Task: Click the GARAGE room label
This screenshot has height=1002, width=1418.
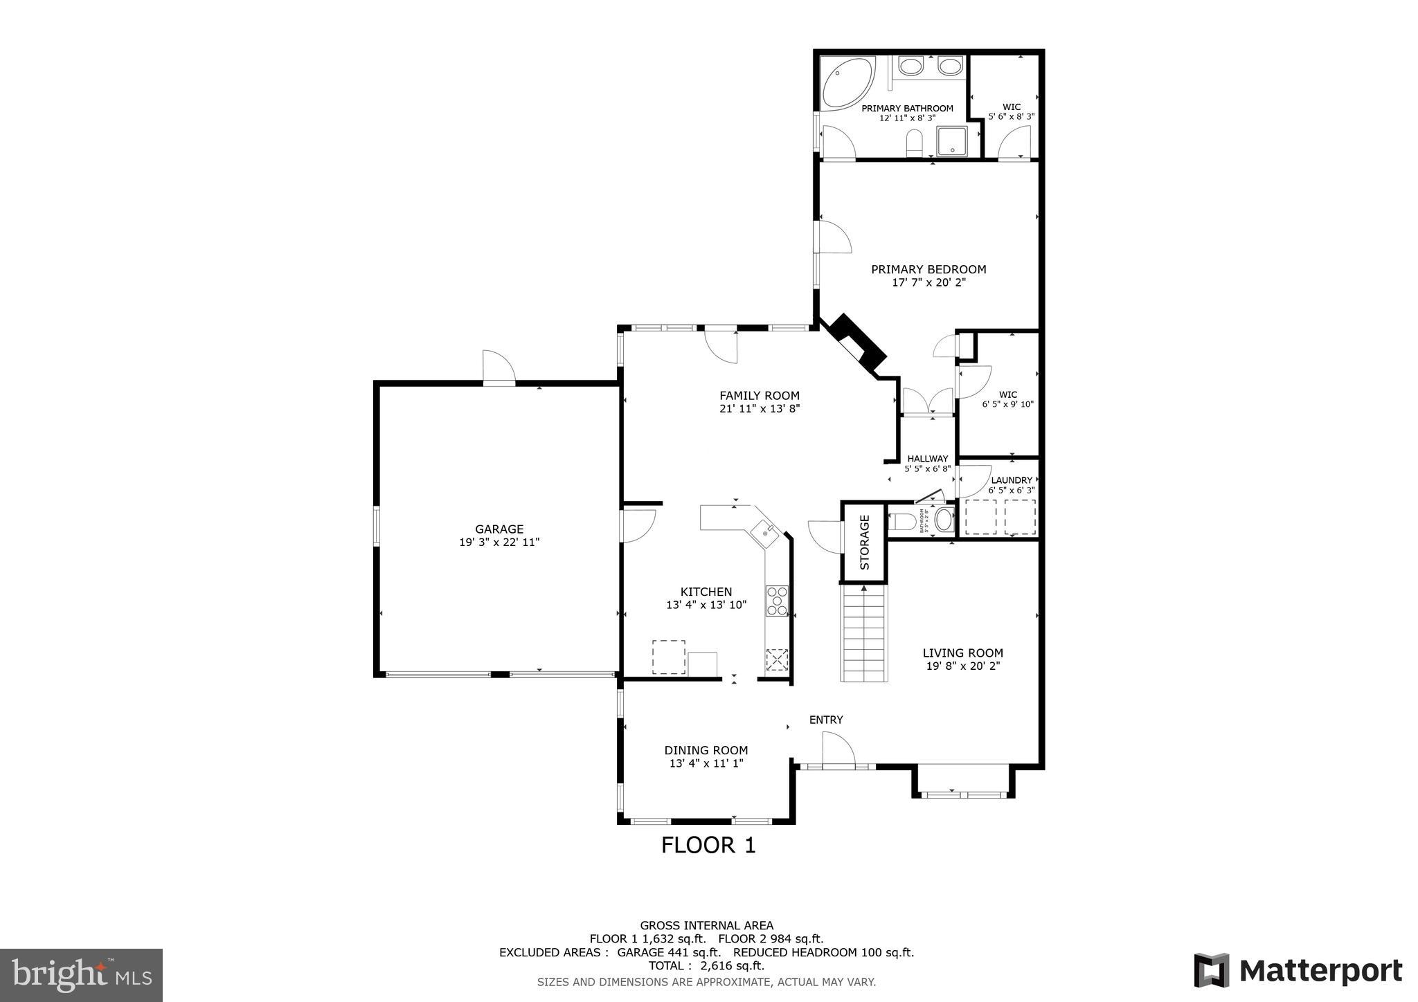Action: click(x=499, y=529)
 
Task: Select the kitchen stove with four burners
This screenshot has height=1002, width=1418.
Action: click(x=776, y=601)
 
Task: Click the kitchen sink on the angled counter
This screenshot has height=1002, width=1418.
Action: click(x=766, y=532)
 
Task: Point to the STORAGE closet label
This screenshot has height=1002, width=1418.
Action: click(x=864, y=543)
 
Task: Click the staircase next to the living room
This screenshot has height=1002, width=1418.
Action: click(x=863, y=633)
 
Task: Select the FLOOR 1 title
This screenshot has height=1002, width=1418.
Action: click(x=708, y=845)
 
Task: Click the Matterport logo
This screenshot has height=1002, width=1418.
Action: click(x=1298, y=971)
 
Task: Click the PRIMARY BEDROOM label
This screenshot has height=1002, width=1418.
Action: click(x=928, y=269)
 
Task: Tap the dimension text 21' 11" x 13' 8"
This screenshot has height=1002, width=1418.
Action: click(x=760, y=409)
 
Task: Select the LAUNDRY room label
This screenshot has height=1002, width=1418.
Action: click(x=1011, y=480)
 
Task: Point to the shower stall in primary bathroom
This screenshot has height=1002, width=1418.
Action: click(x=954, y=142)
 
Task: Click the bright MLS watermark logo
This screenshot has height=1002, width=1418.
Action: click(x=81, y=975)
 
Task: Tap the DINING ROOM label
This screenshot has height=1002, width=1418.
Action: click(x=706, y=750)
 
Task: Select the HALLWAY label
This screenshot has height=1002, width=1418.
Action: click(x=927, y=459)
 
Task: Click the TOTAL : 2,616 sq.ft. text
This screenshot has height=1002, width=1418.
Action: click(x=706, y=965)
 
